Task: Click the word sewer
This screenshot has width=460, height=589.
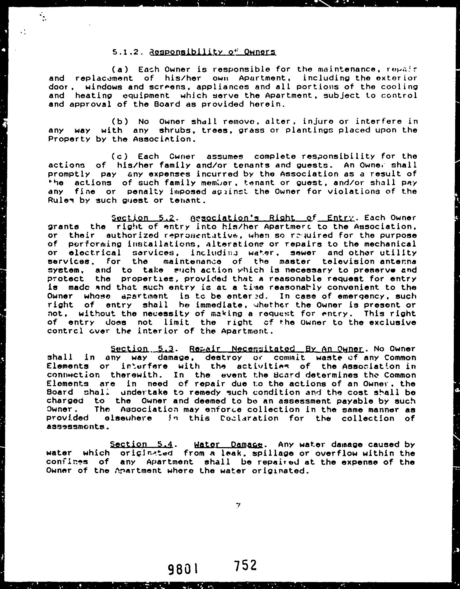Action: [x=303, y=253]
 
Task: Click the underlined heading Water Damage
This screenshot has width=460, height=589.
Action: [x=228, y=444]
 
